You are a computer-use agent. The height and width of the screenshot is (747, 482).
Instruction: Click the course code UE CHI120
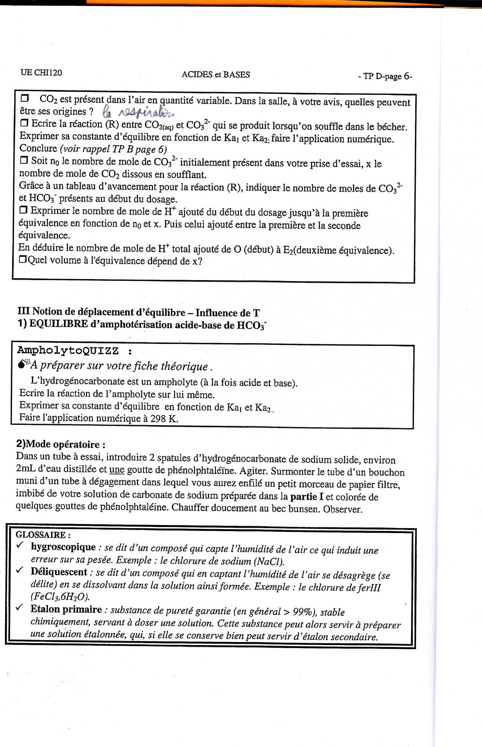point(41,72)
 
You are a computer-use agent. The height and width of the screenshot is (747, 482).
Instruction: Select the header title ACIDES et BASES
point(215,74)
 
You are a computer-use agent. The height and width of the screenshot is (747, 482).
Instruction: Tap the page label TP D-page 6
point(385,77)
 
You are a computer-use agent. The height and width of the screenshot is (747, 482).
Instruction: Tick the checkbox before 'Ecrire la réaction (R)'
point(24,123)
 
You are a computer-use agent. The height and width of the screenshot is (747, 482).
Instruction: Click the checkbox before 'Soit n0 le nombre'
point(24,160)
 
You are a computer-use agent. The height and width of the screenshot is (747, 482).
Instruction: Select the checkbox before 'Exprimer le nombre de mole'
point(24,210)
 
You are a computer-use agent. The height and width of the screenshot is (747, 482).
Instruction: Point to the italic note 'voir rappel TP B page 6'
point(113,149)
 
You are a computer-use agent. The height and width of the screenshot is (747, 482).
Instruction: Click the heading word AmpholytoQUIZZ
point(68,351)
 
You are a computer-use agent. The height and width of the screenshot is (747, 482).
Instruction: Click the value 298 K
point(163,419)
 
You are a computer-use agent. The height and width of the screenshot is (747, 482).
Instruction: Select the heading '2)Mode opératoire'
point(60,444)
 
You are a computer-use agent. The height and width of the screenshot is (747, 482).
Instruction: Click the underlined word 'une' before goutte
point(117,469)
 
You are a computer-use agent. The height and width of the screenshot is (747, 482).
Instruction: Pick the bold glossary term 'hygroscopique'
point(63,547)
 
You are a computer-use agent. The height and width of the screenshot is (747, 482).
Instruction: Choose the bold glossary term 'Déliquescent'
point(59,572)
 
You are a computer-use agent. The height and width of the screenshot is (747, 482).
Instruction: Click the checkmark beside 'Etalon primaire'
point(20,608)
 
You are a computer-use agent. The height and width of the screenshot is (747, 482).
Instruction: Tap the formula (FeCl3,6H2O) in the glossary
point(60,596)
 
